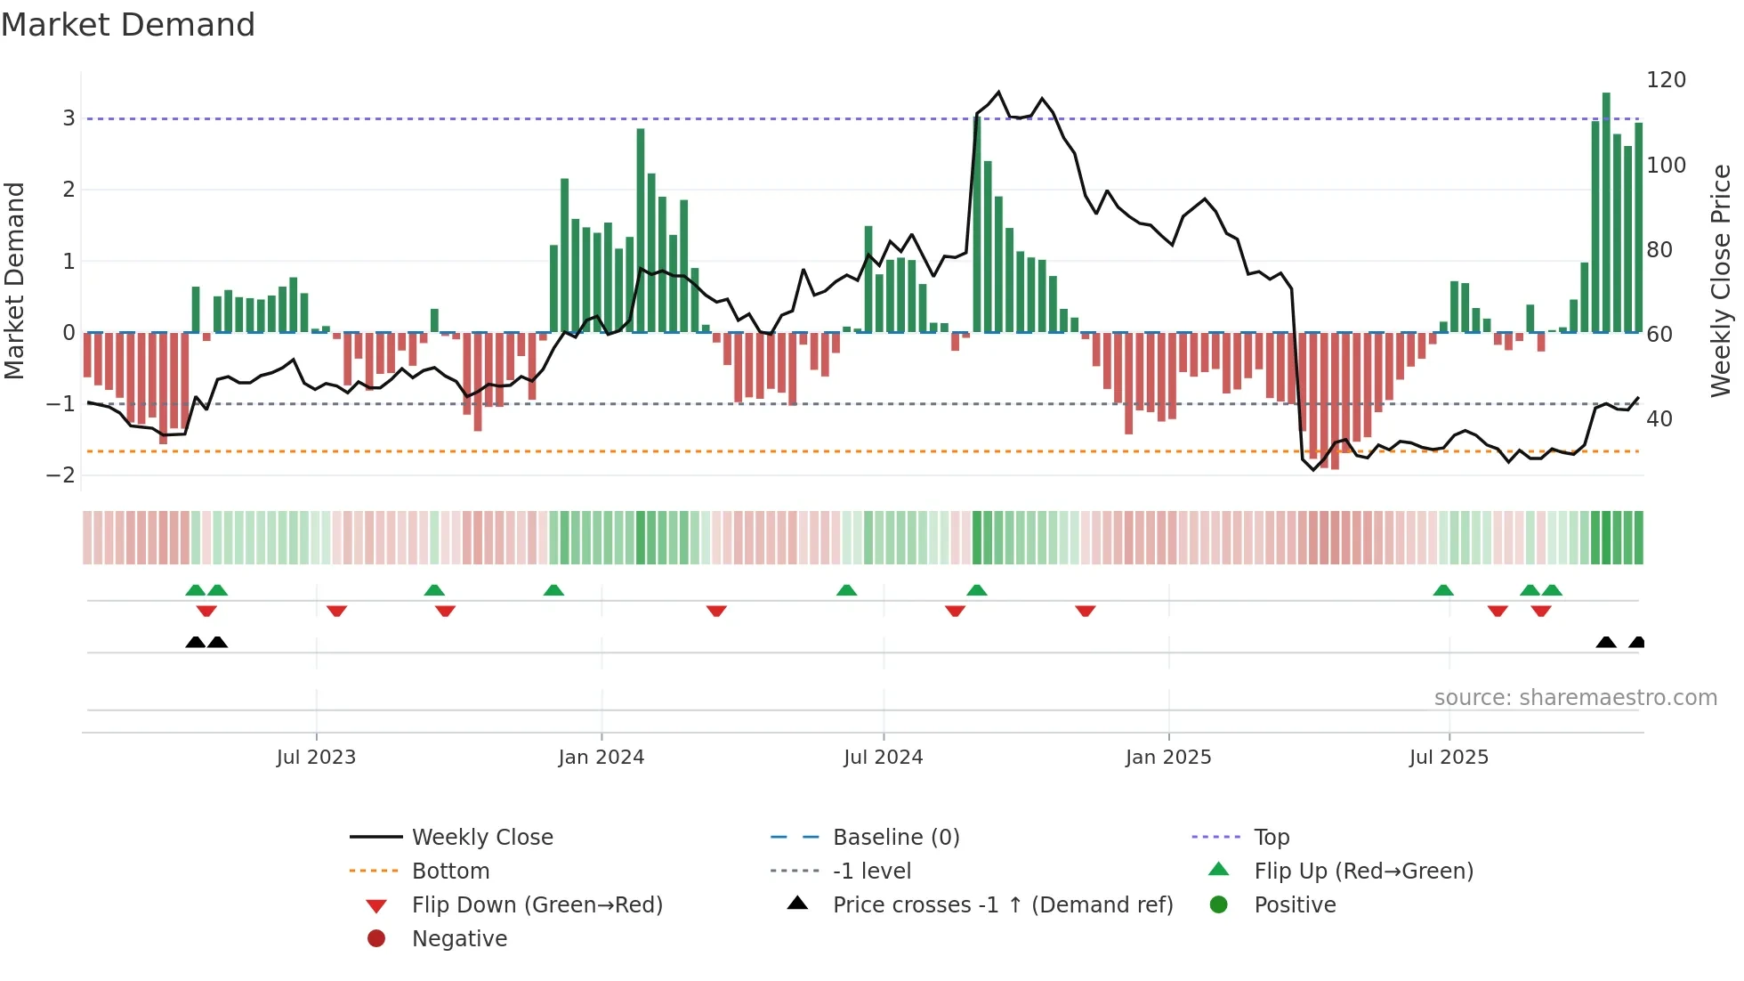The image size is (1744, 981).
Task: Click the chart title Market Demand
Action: (x=128, y=25)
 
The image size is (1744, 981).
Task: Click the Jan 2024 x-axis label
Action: (x=601, y=758)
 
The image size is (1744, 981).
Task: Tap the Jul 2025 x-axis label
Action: (x=1449, y=758)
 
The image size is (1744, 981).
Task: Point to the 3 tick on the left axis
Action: (x=69, y=118)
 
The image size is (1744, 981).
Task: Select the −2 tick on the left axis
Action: (x=61, y=475)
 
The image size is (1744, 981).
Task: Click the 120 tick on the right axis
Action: (x=1666, y=80)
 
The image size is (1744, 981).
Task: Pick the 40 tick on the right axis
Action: (x=1659, y=419)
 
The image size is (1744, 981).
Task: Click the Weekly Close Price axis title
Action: (x=1721, y=280)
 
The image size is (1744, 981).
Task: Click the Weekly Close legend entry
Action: (x=481, y=838)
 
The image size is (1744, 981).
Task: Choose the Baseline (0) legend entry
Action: (x=895, y=838)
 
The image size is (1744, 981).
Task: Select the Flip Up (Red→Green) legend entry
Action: (x=1363, y=872)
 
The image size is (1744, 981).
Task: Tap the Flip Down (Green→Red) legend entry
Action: (x=537, y=905)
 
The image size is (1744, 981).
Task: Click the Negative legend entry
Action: (x=459, y=939)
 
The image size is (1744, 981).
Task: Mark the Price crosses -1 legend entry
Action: (x=1002, y=905)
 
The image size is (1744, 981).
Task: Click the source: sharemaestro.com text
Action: (x=1575, y=698)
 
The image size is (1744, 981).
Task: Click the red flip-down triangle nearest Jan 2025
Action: (x=1085, y=612)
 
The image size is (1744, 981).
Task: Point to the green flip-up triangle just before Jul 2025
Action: (x=1443, y=590)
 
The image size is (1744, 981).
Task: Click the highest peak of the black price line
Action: (x=998, y=92)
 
